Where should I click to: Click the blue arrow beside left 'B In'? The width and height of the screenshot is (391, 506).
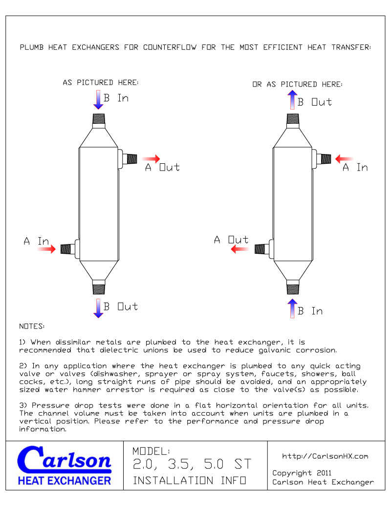[98, 100]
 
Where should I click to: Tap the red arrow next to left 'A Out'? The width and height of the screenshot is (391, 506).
[151, 159]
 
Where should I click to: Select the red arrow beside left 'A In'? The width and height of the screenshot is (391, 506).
[47, 249]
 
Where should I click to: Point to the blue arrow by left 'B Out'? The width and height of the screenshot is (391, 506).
[98, 308]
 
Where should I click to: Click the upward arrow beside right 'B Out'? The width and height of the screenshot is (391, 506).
[292, 100]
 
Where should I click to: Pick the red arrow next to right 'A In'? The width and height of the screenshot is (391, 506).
[345, 159]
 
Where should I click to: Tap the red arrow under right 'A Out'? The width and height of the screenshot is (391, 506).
[240, 249]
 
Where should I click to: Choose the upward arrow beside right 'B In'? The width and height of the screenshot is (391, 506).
[292, 308]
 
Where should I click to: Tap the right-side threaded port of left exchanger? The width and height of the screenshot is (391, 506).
[130, 158]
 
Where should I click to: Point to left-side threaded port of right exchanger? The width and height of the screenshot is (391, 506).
[260, 249]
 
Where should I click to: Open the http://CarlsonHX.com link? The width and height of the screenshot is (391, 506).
[325, 456]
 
